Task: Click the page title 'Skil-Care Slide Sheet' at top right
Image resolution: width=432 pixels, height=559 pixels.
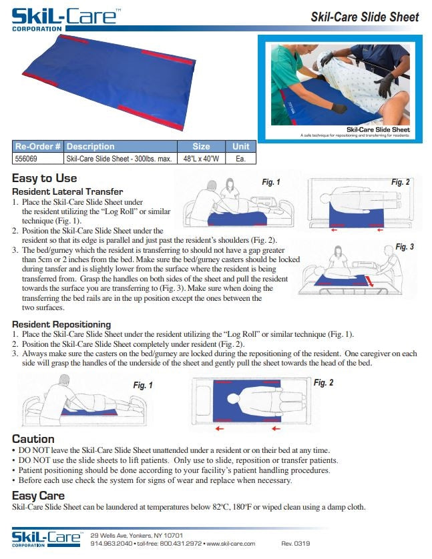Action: [x=365, y=17]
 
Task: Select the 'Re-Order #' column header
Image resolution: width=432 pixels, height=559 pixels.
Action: [x=38, y=146]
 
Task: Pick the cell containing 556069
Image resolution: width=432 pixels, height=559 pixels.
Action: [x=27, y=159]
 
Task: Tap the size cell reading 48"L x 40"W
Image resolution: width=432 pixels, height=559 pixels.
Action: [x=201, y=159]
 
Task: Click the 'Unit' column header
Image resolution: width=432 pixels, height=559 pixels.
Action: [x=240, y=146]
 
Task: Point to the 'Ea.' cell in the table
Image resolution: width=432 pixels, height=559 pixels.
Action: [x=240, y=159]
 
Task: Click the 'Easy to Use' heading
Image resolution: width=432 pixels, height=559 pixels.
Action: [x=45, y=178]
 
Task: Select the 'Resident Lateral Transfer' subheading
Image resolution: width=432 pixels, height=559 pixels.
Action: [x=67, y=191]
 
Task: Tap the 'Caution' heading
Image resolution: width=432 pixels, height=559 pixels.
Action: [x=33, y=439]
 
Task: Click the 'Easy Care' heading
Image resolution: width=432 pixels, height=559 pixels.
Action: [x=39, y=496]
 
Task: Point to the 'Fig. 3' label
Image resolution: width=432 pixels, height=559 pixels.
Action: [x=405, y=247]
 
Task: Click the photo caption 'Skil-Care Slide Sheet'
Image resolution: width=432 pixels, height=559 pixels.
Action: [x=378, y=129]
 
